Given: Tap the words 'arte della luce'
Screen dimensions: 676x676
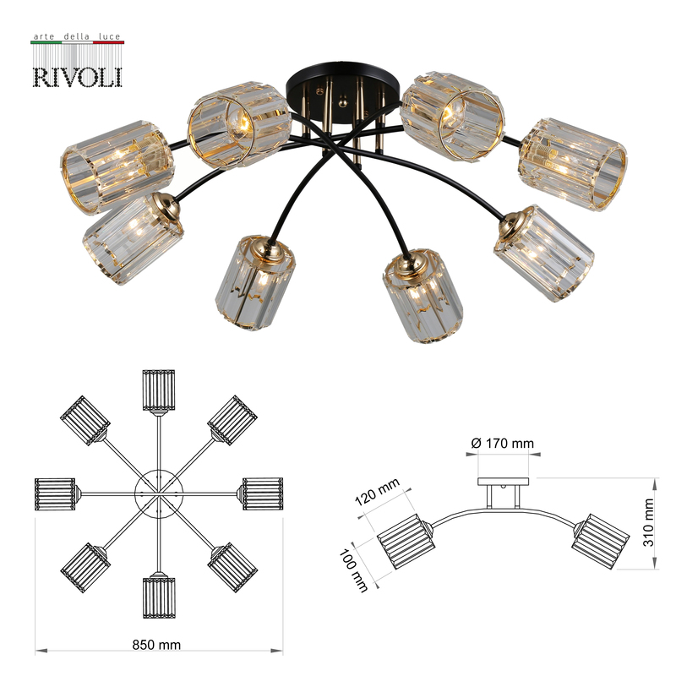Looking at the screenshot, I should [x=77, y=38].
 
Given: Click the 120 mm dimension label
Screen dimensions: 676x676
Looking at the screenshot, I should [x=376, y=493].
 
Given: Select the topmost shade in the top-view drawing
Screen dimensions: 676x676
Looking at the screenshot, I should [x=159, y=390].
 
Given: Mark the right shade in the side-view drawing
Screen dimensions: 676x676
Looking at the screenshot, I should [x=601, y=537].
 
